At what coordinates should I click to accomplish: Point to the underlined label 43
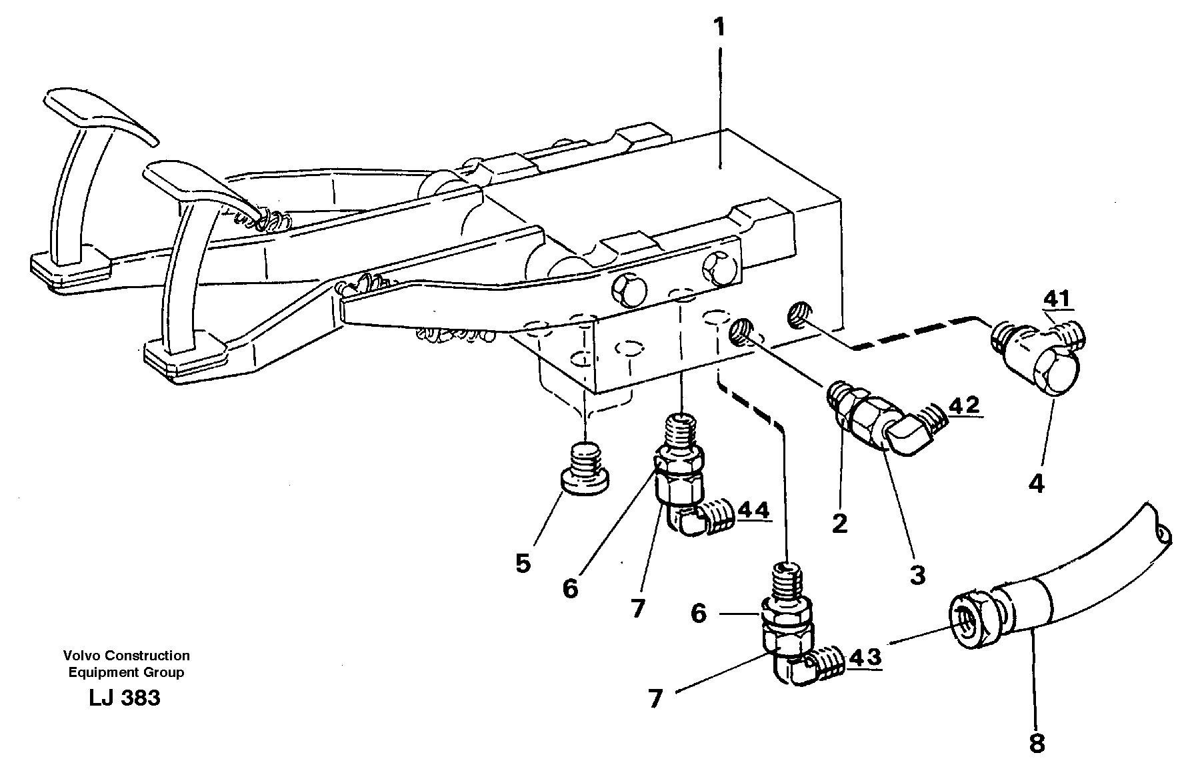(865, 657)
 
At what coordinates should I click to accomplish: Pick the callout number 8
(1036, 742)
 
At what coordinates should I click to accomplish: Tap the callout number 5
(523, 564)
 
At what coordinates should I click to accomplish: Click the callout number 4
(1036, 483)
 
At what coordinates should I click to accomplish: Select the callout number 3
(917, 574)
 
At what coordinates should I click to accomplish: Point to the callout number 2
(839, 524)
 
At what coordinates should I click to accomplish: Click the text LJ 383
(124, 698)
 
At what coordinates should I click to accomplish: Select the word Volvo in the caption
(80, 656)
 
